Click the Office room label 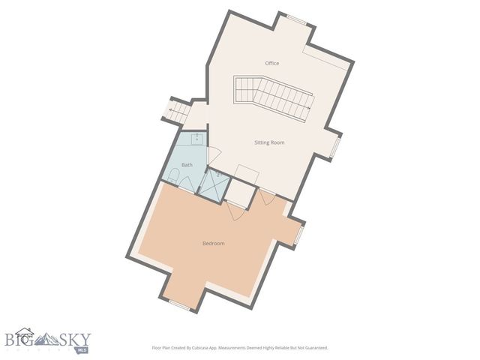pos(271,63)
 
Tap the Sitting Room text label pos(270,142)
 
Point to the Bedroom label pos(214,243)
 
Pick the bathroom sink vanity pos(196,138)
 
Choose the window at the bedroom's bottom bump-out pos(178,303)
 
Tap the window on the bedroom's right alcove pos(298,235)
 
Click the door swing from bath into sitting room pos(213,155)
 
